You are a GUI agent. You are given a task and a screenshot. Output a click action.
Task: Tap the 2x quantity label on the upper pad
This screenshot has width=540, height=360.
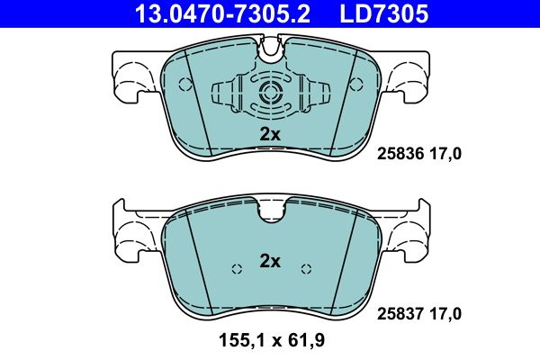point(270,134)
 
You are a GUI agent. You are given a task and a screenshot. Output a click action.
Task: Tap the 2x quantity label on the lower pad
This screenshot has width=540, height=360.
point(270,262)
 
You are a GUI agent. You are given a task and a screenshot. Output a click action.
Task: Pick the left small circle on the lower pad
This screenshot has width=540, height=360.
point(237,268)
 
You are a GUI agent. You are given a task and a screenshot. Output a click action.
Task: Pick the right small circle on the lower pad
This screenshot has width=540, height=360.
point(306,268)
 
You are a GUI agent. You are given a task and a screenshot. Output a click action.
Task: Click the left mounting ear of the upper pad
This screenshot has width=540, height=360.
point(132,72)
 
